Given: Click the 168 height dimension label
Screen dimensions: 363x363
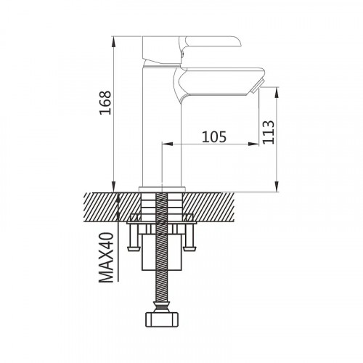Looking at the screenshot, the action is click(105, 102).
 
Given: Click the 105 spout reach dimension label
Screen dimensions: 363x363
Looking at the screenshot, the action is click(214, 136).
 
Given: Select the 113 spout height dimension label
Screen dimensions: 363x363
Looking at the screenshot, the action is click(269, 132).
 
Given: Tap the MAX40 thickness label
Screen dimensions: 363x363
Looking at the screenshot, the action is click(106, 258).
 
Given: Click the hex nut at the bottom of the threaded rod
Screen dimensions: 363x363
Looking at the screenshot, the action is click(162, 319).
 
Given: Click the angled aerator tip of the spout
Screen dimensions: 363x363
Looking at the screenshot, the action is click(256, 86).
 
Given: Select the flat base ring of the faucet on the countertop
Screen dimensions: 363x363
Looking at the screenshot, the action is click(162, 189).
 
